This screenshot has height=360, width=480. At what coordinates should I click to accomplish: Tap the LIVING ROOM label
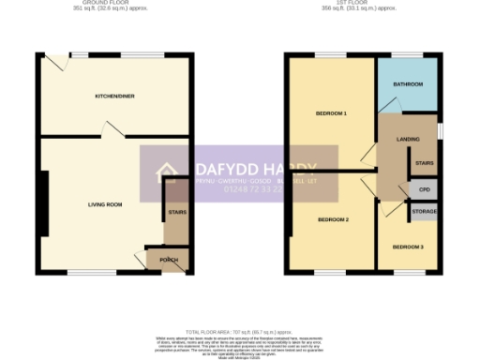(x=106, y=203)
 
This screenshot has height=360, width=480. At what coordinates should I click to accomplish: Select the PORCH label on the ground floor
(x=169, y=260)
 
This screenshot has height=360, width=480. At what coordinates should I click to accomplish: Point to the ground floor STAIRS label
(x=176, y=213)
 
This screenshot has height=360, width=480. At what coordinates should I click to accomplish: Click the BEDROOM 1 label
(x=331, y=113)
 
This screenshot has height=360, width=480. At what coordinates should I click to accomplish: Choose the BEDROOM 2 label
(x=333, y=219)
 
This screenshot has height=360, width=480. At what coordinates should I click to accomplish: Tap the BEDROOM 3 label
(x=408, y=247)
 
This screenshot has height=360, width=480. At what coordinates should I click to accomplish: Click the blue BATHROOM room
(x=408, y=84)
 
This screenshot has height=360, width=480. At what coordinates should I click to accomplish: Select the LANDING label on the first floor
(x=408, y=140)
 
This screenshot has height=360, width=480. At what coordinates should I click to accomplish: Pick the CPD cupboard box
(x=424, y=189)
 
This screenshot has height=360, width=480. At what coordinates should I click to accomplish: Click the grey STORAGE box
(x=424, y=213)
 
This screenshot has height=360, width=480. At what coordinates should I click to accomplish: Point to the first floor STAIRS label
(x=424, y=162)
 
